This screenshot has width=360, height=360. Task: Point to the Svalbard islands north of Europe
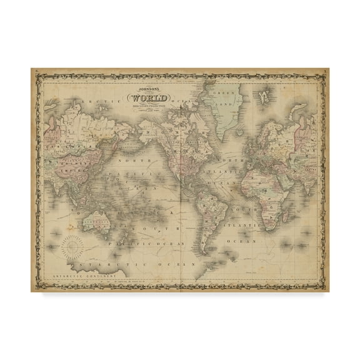tap(265, 95)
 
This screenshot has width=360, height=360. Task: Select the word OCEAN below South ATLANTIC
tap(246, 239)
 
